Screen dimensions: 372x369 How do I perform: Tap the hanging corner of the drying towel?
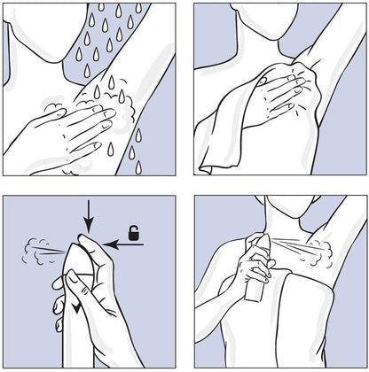213,159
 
